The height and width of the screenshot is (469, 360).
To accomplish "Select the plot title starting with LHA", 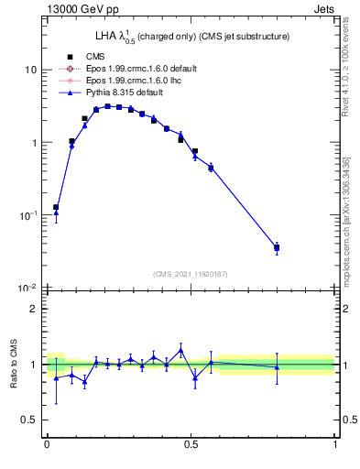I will tap(192, 37).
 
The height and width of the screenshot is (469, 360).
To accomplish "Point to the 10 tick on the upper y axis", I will tap(31, 71).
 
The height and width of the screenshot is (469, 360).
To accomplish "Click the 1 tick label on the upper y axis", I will tap(34, 143).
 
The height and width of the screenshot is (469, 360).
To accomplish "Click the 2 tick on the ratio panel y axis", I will tap(34, 309).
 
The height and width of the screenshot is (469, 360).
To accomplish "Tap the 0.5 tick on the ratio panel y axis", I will tap(29, 420).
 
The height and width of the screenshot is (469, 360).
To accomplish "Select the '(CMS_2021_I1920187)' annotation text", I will tap(191, 272).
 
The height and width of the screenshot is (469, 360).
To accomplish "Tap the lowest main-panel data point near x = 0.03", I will tap(55, 208).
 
